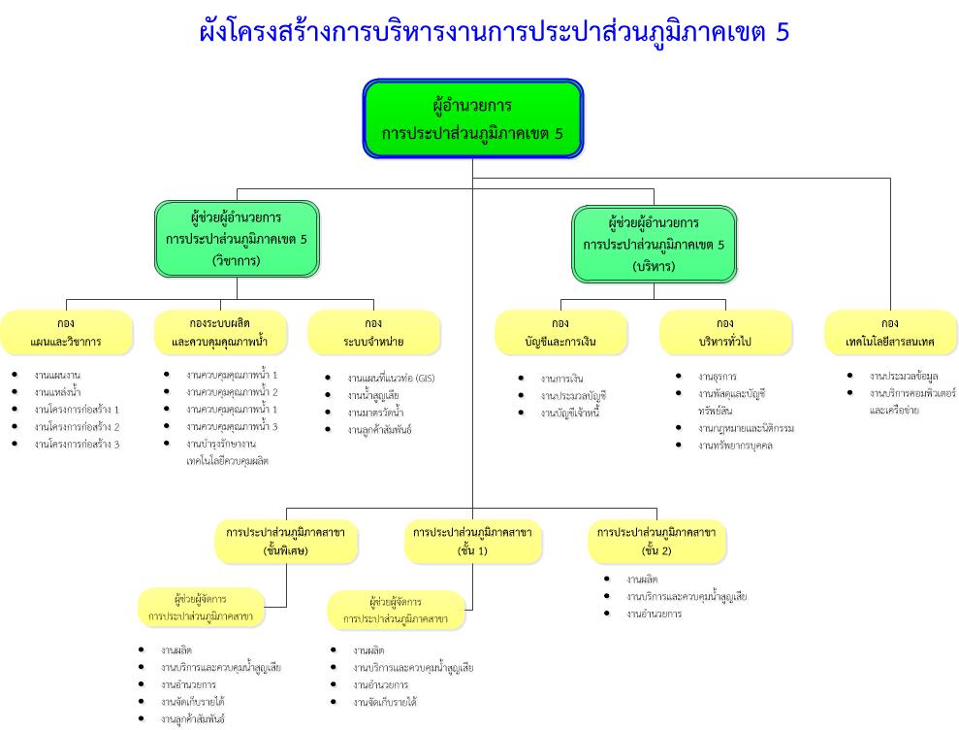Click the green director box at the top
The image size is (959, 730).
[x=472, y=118]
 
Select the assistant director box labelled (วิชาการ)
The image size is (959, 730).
[x=237, y=239]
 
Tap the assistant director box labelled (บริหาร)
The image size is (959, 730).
[x=654, y=244]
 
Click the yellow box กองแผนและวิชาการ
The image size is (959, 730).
[x=66, y=332]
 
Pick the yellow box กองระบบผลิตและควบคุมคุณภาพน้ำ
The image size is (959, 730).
[x=220, y=332]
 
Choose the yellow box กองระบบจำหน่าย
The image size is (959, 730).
[x=373, y=332]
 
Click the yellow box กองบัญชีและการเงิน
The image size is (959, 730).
[x=560, y=332]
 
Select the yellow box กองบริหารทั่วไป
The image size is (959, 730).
[x=725, y=332]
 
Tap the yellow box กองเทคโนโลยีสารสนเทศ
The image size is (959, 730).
[x=890, y=332]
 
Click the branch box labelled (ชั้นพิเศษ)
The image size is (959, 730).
[x=286, y=542]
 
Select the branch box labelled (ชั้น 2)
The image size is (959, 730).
[x=656, y=542]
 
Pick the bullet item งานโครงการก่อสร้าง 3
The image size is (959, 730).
[x=77, y=444]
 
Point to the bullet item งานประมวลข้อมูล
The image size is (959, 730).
[x=904, y=376]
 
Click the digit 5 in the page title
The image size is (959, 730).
[x=783, y=32]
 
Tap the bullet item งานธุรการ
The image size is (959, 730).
[x=717, y=376]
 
